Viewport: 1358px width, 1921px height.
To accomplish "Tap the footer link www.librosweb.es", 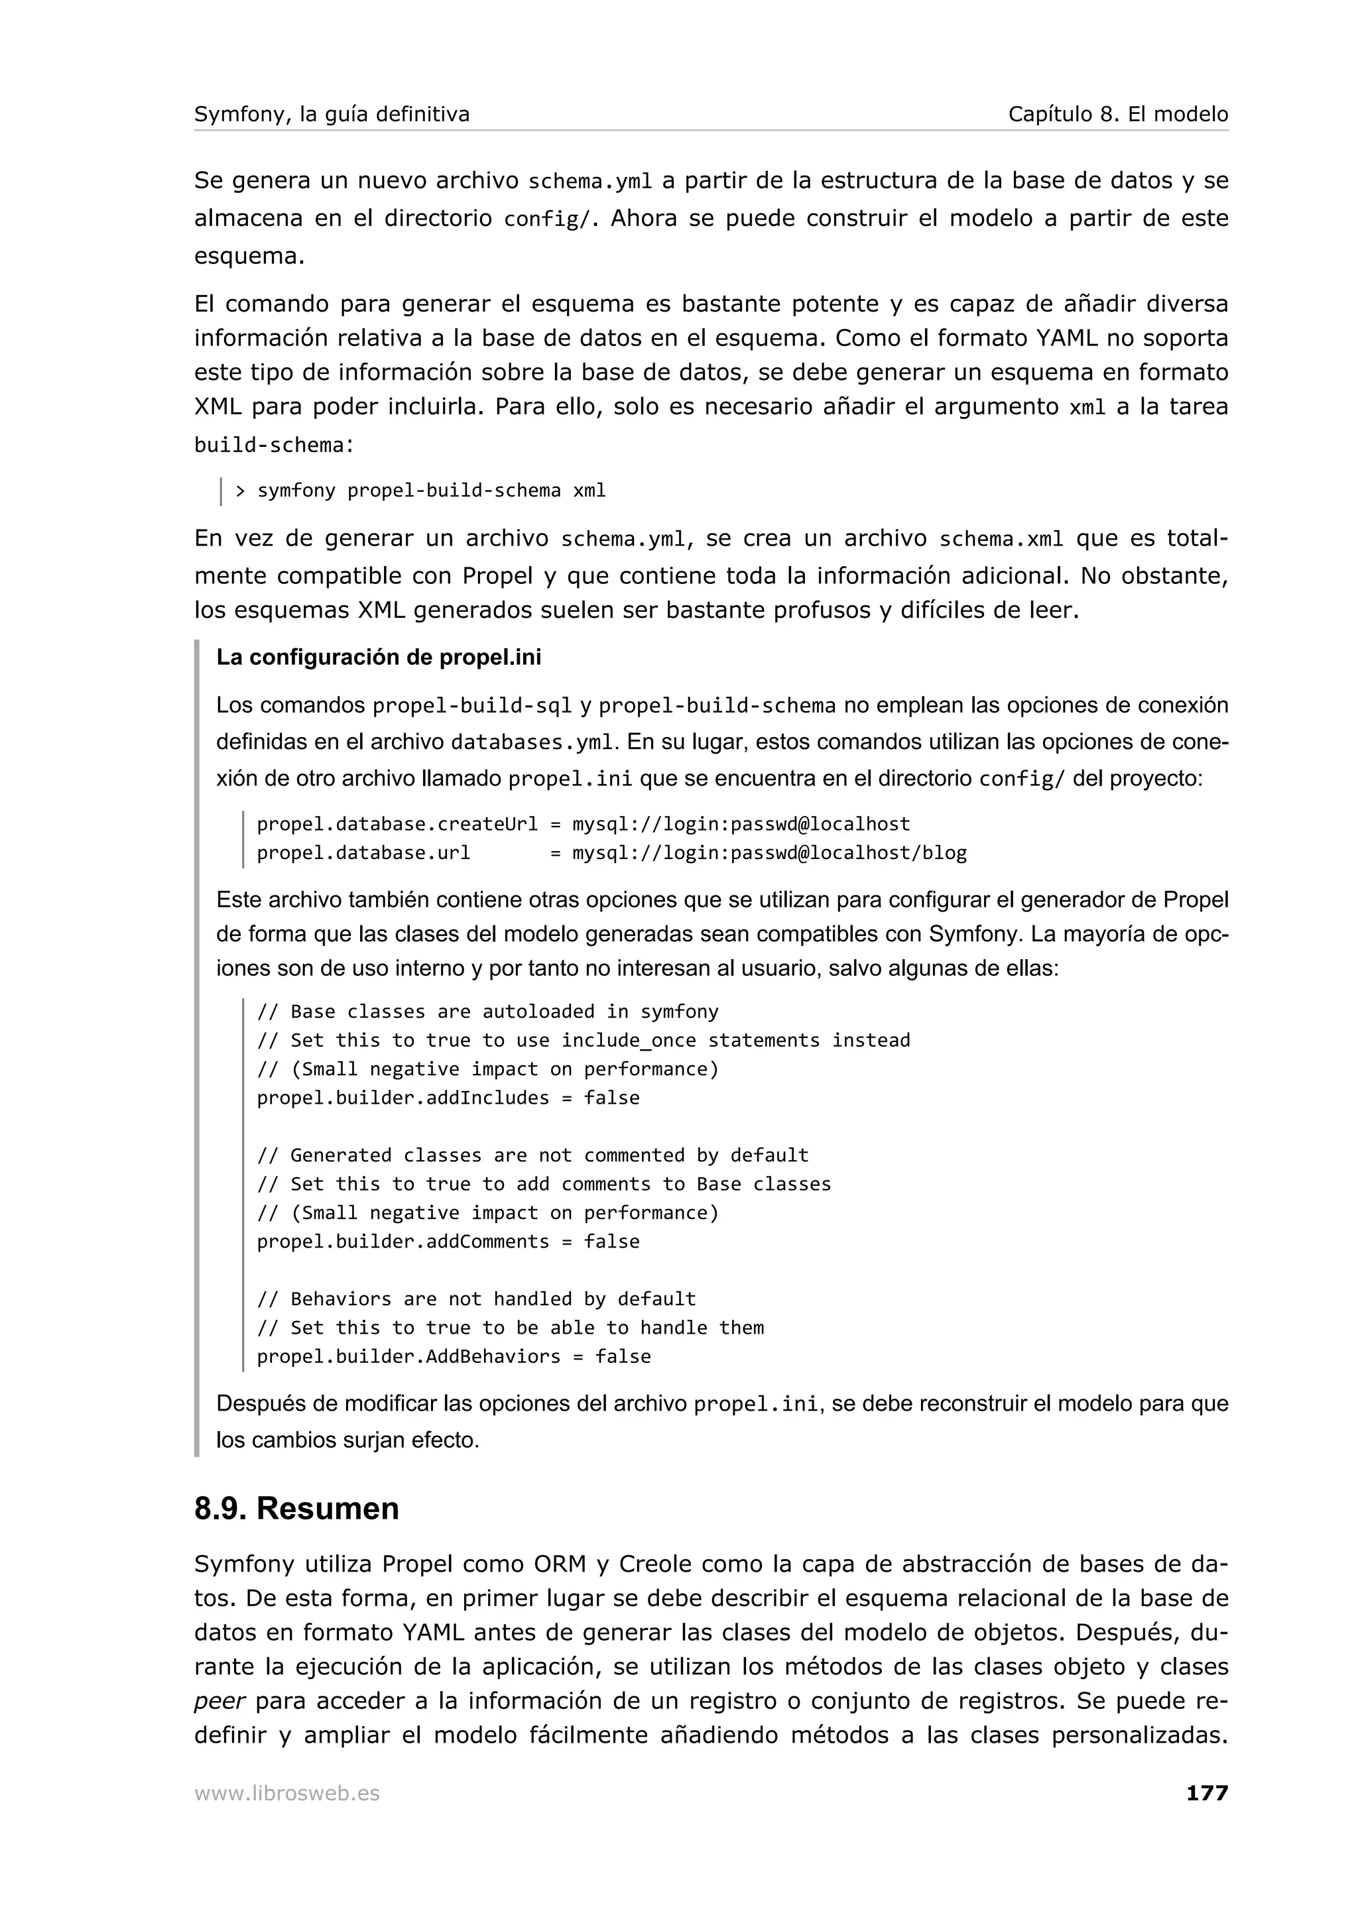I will [286, 1794].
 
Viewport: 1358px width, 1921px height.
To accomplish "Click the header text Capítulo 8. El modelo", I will [1117, 114].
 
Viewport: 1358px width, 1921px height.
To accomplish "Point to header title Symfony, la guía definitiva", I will [332, 114].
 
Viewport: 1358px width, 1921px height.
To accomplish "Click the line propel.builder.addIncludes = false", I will [448, 1098].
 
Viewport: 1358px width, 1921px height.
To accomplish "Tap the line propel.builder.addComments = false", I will [448, 1242].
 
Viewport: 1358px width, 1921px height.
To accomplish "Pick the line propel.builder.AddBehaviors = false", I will [453, 1356].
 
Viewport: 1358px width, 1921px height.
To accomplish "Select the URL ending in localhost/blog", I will [769, 853].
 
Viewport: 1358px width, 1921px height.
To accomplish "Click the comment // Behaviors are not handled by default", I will [475, 1299].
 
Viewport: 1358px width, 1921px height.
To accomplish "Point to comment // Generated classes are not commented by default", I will [532, 1155].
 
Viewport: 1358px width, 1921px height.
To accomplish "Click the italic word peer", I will [219, 1702].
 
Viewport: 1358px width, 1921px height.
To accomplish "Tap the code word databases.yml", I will [531, 743].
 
